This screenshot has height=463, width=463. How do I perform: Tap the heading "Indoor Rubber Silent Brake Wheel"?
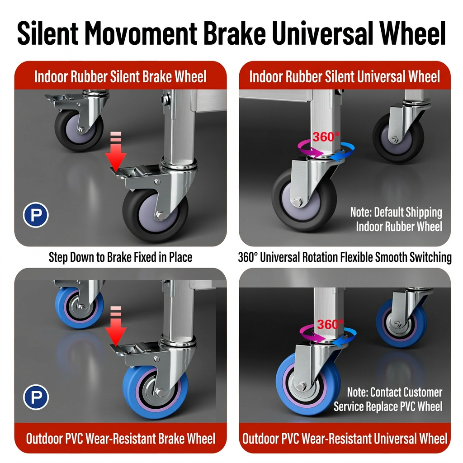120,77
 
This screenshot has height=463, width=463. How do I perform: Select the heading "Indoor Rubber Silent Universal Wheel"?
345,77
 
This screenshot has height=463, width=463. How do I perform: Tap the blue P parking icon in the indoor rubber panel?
36,215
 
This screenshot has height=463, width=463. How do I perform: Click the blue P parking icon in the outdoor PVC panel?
36,397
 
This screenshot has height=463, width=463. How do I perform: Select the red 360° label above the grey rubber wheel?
326,137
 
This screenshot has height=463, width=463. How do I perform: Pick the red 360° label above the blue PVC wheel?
331,325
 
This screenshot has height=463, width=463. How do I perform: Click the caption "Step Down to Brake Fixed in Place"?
120,257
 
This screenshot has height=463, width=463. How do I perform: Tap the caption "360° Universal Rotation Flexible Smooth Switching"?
345,257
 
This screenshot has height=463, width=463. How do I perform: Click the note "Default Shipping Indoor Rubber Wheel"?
396,219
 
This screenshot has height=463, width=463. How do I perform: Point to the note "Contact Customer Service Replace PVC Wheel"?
388,399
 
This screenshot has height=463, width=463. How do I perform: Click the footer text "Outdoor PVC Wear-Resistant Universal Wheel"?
345,439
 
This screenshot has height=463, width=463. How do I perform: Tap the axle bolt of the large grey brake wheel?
161,215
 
